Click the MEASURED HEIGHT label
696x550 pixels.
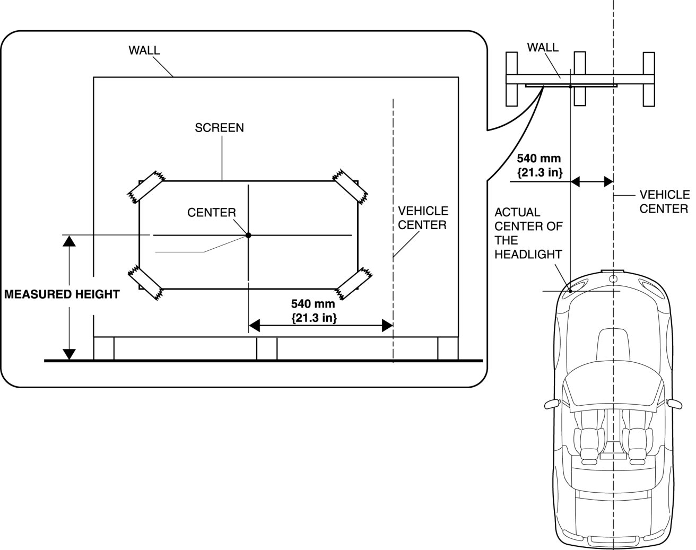pos(62,294)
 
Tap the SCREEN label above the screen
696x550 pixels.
pos(219,128)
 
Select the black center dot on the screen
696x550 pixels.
pos(248,234)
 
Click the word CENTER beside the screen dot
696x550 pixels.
pos(212,213)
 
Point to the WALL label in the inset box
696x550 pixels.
pos(144,50)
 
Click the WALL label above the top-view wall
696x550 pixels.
pos(542,47)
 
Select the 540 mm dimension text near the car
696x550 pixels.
pos(539,164)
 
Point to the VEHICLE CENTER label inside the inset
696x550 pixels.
pos(423,218)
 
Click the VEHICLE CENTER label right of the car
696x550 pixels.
pos(664,202)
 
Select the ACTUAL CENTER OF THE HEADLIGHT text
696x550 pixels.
pos(528,233)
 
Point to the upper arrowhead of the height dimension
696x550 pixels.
pos(69,241)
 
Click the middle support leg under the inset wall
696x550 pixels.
pos(266,348)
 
